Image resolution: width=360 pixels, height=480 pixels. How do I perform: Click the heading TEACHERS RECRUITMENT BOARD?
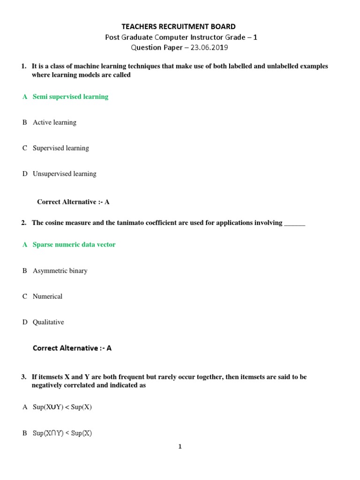179,26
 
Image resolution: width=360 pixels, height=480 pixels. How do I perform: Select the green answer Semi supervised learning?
70,97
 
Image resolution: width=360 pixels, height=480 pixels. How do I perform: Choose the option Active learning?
54,122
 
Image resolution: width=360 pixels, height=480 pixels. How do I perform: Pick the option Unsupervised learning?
64,174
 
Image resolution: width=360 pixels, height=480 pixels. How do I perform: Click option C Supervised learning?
60,148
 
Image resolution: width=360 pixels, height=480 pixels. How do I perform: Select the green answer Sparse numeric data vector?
74,245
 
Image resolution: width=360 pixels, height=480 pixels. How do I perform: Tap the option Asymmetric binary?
60,271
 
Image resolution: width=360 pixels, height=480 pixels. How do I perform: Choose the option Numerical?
47,297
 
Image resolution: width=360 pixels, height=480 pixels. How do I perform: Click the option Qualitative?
48,322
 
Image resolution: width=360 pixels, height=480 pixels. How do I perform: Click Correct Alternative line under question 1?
73,202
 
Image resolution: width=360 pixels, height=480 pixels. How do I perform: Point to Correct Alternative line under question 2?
72,348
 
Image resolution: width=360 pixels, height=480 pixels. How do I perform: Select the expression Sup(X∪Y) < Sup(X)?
62,407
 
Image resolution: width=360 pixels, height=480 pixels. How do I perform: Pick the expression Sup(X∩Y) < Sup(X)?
62,434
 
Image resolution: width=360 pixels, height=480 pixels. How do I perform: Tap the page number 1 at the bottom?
180,447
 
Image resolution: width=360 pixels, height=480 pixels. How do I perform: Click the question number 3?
23,377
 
